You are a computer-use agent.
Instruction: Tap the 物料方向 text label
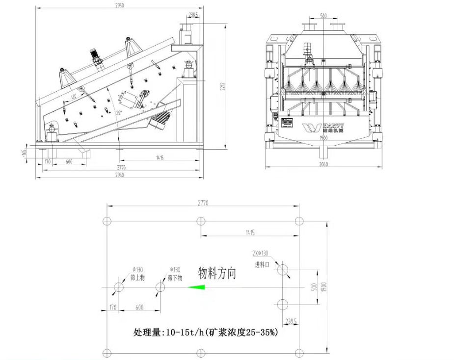click(x=217, y=273)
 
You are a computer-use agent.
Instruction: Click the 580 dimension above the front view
click(x=323, y=16)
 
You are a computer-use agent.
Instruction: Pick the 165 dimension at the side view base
click(x=24, y=153)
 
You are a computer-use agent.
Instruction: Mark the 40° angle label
click(x=74, y=97)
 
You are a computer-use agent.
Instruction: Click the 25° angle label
click(x=118, y=112)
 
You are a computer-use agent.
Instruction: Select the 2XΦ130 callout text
click(x=260, y=254)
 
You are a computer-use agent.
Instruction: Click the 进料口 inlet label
click(x=263, y=264)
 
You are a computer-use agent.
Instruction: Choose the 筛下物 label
click(x=175, y=278)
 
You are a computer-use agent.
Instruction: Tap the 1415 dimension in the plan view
click(x=249, y=233)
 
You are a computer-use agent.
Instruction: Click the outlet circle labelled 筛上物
click(x=119, y=287)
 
